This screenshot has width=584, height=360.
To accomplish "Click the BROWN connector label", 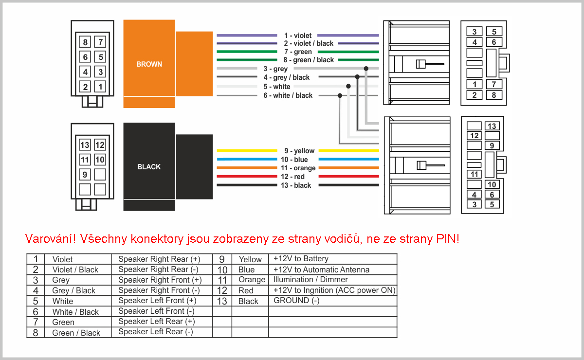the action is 149,64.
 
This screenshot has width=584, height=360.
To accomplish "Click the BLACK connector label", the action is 149,167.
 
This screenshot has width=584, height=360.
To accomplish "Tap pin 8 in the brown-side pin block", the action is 85,42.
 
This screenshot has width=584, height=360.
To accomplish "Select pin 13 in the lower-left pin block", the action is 85,144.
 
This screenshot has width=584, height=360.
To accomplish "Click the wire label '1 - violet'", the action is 298,36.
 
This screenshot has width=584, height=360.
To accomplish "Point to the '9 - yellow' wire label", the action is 299,151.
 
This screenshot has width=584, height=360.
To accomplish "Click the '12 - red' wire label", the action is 292,177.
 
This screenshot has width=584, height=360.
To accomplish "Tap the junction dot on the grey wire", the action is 366,69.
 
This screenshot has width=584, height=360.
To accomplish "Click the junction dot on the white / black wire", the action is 340,96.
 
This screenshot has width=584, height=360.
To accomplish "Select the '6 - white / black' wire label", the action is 288,95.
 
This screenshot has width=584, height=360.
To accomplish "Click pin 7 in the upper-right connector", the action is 494,85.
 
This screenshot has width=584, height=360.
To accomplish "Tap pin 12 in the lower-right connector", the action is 474,136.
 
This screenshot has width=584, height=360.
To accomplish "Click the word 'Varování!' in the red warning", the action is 50,238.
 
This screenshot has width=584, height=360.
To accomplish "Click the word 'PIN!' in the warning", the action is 447,238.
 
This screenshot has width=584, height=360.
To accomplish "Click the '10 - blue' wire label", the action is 294,160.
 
